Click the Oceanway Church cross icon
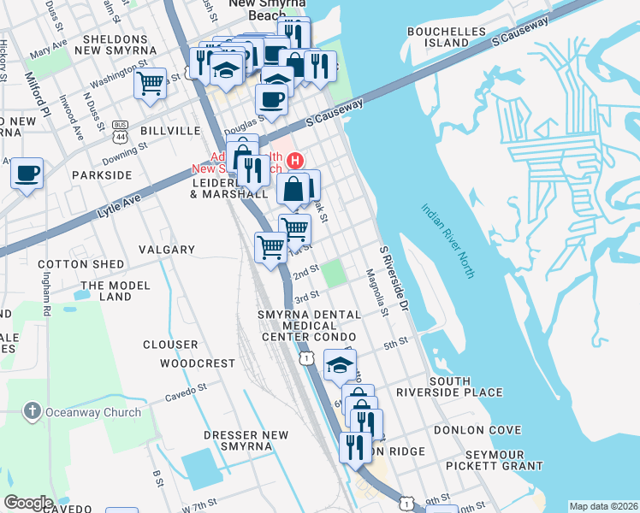(x=33, y=411)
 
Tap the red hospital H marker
(x=296, y=160)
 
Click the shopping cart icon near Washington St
(x=150, y=84)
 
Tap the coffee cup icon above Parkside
(x=27, y=174)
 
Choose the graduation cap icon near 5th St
(x=340, y=365)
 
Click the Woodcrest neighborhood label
(x=198, y=363)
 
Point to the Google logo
(x=28, y=503)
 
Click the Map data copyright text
(x=603, y=506)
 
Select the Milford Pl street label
(x=36, y=91)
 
